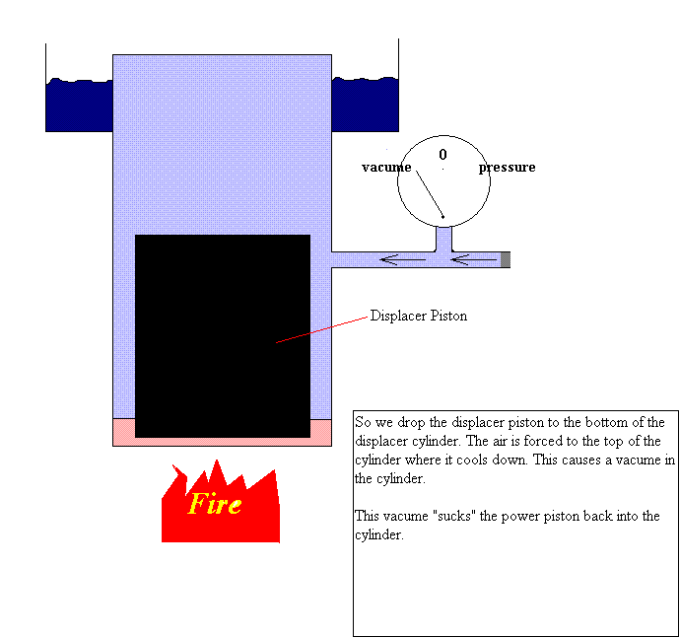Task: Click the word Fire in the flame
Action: click(x=215, y=504)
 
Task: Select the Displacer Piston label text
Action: click(x=419, y=317)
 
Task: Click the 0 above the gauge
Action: click(x=442, y=155)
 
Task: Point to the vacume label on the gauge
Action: click(x=386, y=168)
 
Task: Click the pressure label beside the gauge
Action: click(x=508, y=168)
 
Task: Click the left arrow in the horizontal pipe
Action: click(x=403, y=260)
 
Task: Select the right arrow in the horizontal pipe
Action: click(x=474, y=260)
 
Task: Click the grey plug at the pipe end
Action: click(x=506, y=260)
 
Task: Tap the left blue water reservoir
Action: click(x=79, y=105)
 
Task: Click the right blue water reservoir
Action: click(x=365, y=105)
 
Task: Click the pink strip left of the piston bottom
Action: click(x=123, y=432)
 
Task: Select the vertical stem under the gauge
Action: click(x=443, y=239)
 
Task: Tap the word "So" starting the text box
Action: click(x=363, y=422)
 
